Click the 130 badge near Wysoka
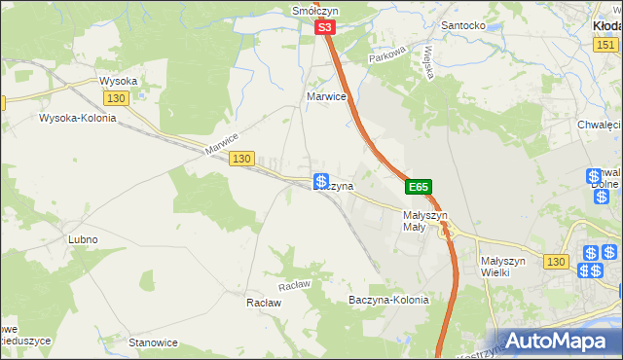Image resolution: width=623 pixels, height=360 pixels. [117, 98]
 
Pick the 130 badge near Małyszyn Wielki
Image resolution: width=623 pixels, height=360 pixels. [556, 262]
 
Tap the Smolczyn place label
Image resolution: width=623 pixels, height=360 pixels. [314, 11]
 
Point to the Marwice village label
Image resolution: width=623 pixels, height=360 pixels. [327, 97]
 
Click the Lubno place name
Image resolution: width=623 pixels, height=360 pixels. [82, 239]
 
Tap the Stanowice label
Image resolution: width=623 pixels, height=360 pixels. [153, 342]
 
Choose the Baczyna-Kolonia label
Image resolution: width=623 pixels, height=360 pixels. [388, 300]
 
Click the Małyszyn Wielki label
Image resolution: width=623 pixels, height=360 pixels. [503, 267]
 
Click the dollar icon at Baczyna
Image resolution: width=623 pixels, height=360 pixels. [320, 181]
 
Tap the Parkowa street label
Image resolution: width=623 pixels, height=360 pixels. [386, 58]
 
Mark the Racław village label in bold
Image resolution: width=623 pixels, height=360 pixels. [263, 303]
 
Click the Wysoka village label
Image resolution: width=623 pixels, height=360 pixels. [118, 81]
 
